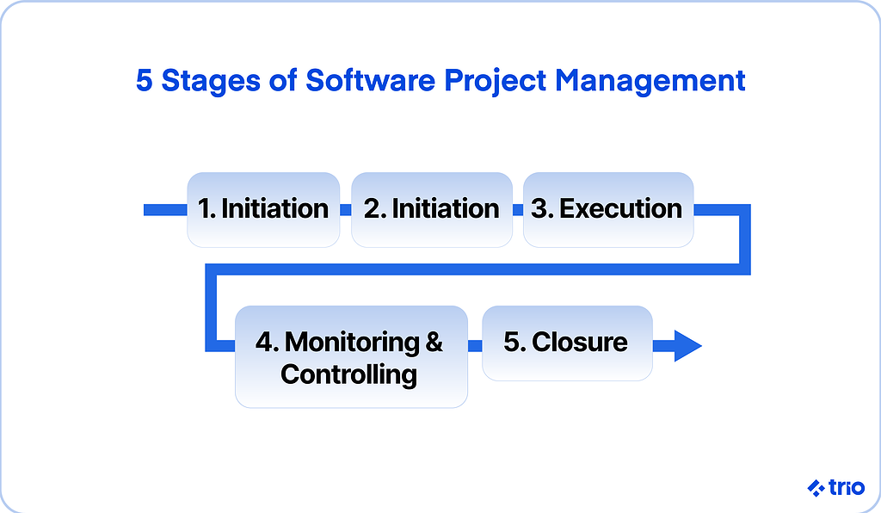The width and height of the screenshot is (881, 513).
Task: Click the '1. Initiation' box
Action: (263, 209)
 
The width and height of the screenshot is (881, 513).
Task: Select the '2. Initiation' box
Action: (432, 209)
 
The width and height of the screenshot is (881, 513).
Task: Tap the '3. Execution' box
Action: (608, 209)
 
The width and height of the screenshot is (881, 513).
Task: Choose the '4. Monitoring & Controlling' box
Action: (351, 357)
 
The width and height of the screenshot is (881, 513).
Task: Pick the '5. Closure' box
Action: (567, 343)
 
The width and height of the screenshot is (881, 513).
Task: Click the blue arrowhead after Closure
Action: (687, 345)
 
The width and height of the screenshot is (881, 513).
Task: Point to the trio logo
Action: (836, 488)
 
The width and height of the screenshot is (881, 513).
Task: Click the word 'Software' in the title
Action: (370, 80)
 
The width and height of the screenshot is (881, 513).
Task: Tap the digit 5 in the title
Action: (145, 81)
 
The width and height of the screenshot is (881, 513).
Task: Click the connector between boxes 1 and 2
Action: (346, 209)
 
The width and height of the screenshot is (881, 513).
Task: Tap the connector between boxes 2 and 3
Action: (517, 209)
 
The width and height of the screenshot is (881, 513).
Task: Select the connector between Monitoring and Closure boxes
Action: (475, 345)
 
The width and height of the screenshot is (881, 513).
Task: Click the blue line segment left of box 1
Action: (165, 209)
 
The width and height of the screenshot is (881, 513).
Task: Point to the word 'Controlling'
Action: (349, 375)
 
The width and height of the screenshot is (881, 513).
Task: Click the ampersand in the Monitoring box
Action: (434, 342)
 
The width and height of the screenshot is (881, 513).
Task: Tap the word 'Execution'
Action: (621, 208)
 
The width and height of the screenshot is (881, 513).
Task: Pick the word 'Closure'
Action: (580, 342)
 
